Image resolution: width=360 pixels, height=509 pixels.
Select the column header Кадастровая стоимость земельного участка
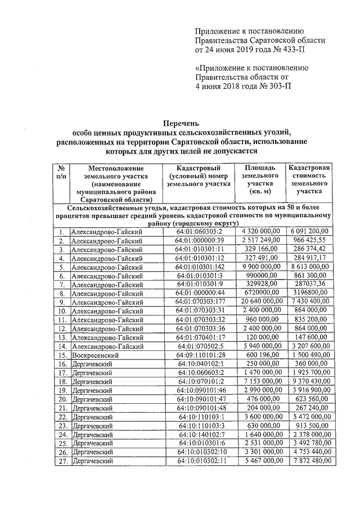309,179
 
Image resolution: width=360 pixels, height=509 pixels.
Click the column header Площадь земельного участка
259,179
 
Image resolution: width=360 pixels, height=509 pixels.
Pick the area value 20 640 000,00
260,301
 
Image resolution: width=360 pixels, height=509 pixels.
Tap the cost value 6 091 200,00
309,232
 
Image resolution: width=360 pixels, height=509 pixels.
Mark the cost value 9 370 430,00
309,381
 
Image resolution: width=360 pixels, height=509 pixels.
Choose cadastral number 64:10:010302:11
202,461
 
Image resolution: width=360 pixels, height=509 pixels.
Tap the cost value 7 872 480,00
309,461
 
